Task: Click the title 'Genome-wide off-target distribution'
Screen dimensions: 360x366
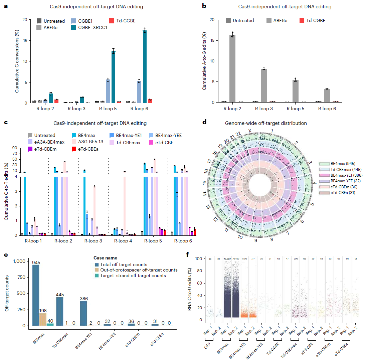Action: tap(266, 123)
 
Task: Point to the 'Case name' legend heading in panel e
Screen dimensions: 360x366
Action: tap(105, 258)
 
